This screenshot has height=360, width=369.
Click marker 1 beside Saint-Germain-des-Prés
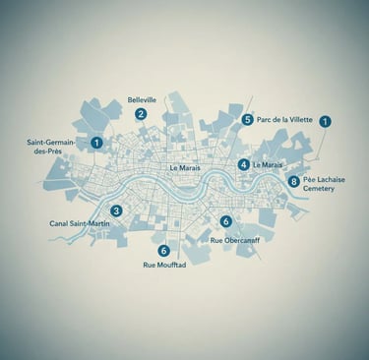(96, 143)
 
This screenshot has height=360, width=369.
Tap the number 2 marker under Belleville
(142, 114)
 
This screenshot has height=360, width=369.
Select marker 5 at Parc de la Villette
(247, 120)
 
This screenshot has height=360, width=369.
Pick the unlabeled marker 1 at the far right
(326, 121)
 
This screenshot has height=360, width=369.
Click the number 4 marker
(243, 164)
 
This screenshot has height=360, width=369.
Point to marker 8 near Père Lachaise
(293, 181)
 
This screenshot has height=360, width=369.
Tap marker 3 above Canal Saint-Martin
(116, 210)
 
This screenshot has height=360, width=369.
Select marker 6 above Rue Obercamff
(226, 221)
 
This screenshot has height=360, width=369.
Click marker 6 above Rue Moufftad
(163, 250)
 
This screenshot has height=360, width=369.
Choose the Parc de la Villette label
(284, 120)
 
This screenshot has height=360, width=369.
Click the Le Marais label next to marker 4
(269, 164)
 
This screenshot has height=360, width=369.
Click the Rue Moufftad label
(164, 266)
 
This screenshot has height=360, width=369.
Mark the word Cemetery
(319, 189)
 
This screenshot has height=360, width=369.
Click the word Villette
(298, 120)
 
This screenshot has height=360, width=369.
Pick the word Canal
(61, 224)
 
